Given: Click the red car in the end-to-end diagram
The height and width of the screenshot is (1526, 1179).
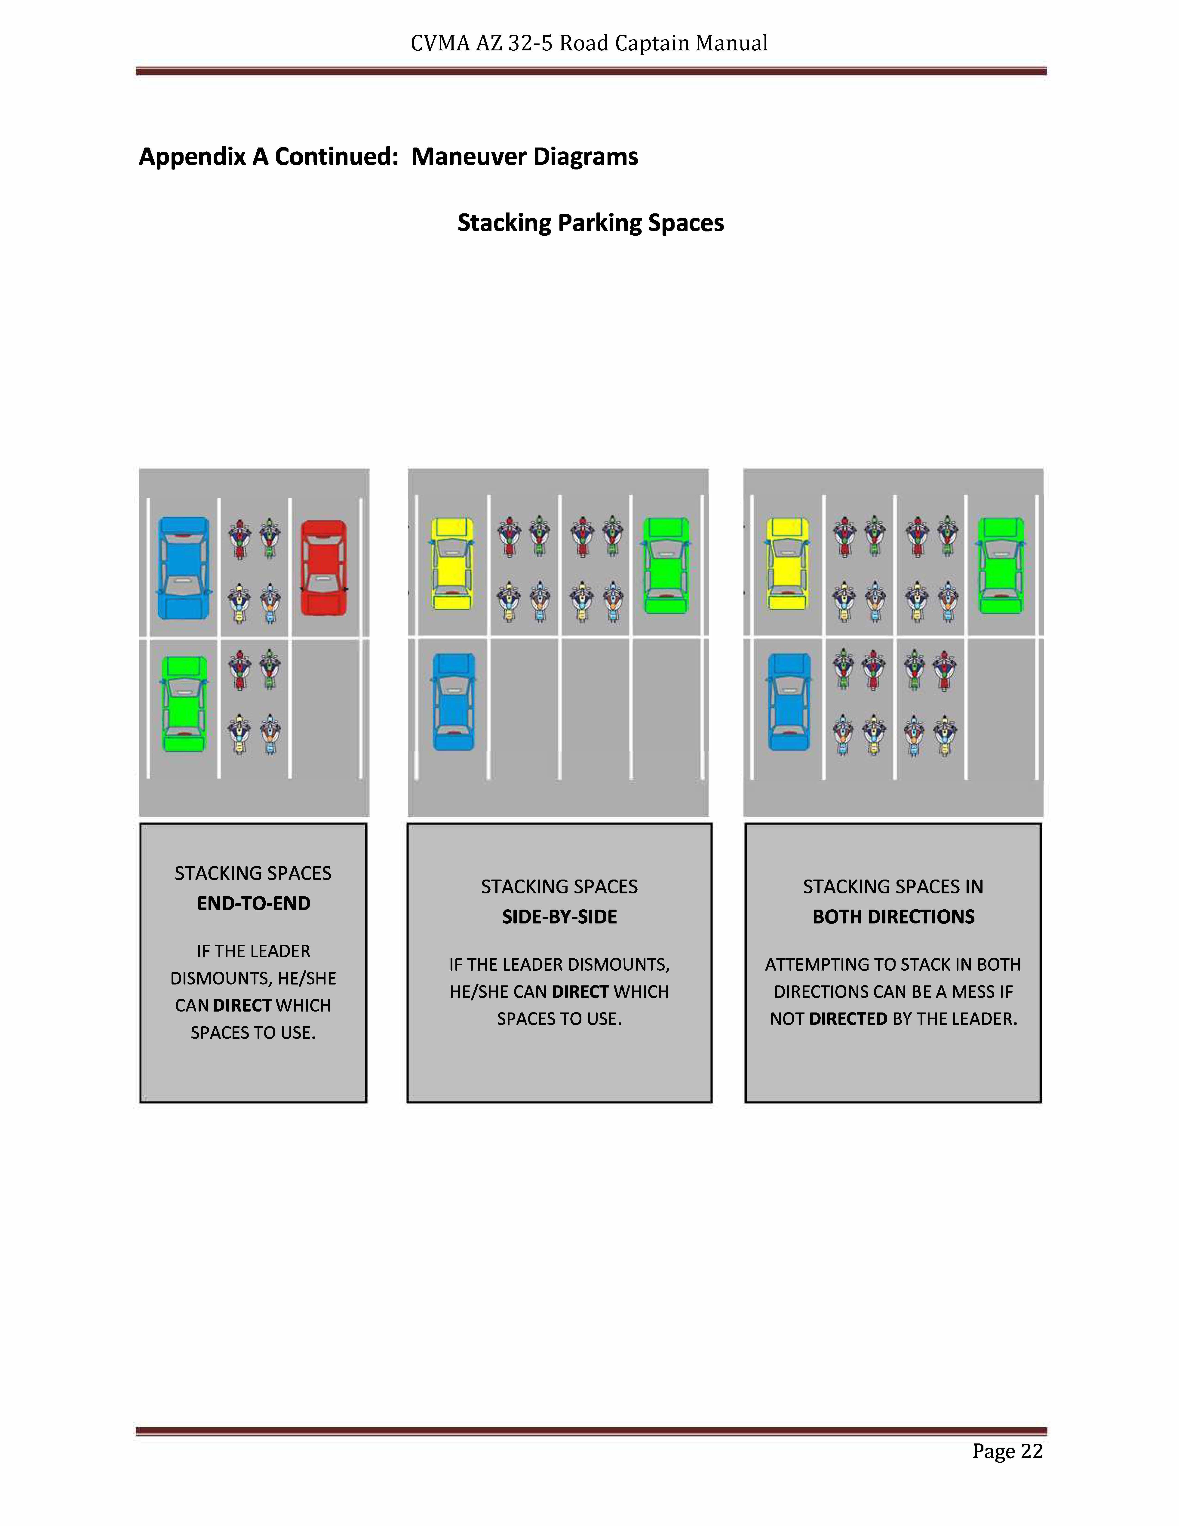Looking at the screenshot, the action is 323,568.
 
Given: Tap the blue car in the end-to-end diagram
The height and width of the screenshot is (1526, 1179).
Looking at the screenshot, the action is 183,568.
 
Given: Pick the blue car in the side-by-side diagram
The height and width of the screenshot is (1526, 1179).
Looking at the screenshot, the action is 453,701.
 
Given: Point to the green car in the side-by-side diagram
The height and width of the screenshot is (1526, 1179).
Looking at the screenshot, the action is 666,565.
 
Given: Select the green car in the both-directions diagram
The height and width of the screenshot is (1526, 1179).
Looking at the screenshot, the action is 1001,565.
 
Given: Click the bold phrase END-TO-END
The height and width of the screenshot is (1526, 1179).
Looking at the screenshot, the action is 254,903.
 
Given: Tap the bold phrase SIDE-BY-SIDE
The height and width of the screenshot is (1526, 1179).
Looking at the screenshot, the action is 559,917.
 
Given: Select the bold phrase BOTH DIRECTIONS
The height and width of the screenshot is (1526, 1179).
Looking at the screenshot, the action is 893,917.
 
